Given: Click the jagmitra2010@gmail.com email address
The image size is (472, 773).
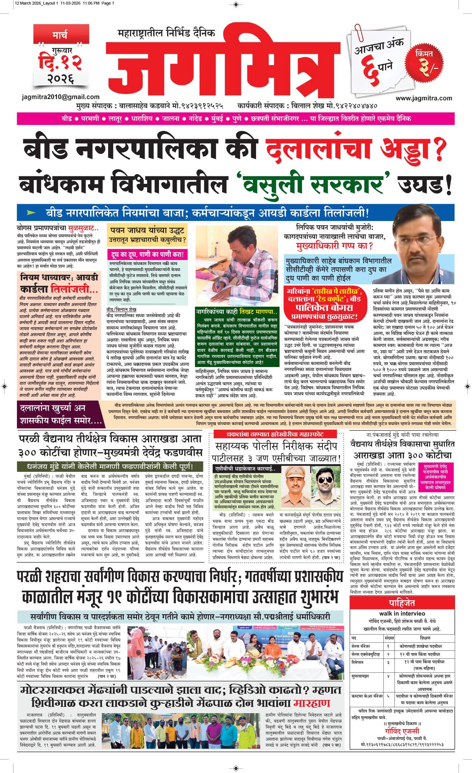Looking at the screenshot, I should pos(61,97).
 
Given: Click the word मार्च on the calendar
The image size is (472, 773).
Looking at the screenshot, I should pos(60,35).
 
